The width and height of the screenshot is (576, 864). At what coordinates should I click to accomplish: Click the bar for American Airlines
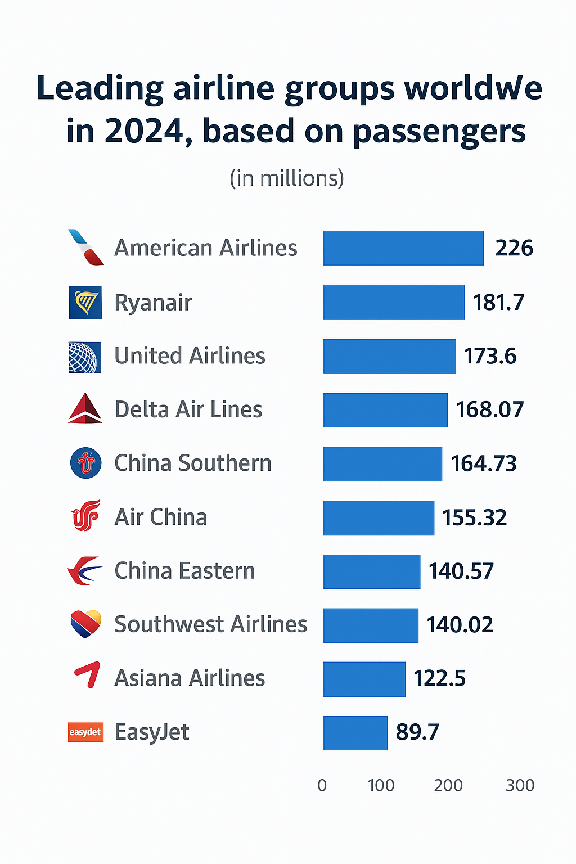(x=403, y=248)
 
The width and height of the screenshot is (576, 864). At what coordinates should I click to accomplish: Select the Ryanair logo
(x=85, y=303)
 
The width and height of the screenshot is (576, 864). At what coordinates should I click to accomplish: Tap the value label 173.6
(x=490, y=356)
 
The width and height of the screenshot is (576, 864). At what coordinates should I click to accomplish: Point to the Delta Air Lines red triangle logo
(x=85, y=408)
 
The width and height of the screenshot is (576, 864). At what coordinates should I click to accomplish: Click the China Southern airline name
(x=193, y=463)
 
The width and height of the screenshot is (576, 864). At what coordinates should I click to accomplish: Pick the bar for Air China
(x=379, y=517)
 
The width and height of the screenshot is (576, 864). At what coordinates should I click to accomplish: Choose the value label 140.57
(x=461, y=571)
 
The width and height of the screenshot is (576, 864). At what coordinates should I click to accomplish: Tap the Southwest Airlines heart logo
(x=85, y=624)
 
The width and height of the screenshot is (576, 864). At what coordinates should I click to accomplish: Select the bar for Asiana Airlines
(x=364, y=679)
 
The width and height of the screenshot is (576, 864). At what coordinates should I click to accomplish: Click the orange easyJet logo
(x=85, y=732)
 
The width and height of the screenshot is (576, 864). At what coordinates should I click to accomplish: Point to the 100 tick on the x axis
(x=381, y=785)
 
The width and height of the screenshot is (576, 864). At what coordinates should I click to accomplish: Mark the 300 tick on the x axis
(x=520, y=785)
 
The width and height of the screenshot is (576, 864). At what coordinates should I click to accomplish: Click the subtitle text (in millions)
(x=287, y=178)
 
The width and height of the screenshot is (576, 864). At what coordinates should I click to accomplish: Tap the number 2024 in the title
(x=145, y=131)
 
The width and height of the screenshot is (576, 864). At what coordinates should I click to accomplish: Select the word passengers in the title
(x=439, y=132)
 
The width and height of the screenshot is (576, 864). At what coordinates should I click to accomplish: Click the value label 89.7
(x=417, y=732)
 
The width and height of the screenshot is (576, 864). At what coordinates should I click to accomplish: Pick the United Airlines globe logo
(x=85, y=357)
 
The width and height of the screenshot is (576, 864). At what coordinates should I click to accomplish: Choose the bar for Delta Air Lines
(x=385, y=410)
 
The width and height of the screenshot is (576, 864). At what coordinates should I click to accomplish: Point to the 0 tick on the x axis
(x=322, y=785)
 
